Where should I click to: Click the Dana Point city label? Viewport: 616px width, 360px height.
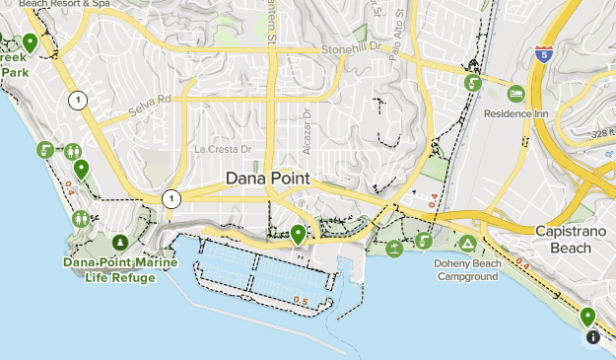267,179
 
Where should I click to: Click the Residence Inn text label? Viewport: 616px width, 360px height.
514,112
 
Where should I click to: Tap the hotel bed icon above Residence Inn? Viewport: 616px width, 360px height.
515,94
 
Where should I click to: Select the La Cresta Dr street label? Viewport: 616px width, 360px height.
224,149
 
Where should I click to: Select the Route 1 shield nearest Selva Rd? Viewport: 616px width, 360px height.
77,100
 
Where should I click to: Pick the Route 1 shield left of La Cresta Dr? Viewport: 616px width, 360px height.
172,198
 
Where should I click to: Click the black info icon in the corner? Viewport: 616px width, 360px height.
592,337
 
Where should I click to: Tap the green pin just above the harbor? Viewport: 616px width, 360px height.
298,234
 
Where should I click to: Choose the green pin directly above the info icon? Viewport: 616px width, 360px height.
588,317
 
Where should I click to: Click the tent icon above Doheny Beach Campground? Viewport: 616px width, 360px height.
467,243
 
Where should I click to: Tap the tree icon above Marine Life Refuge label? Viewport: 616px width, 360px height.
120,242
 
